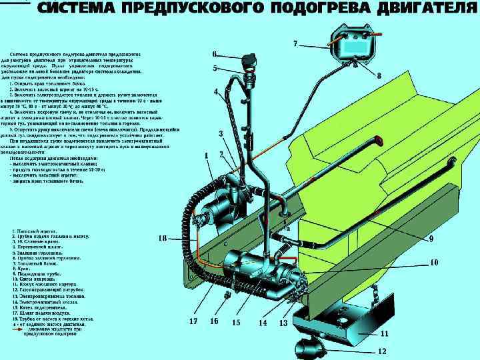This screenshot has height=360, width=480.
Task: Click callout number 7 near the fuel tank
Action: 295,43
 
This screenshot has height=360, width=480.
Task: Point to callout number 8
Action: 379,75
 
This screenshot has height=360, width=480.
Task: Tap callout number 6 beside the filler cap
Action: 213,53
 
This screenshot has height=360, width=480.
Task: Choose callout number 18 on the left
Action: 162,238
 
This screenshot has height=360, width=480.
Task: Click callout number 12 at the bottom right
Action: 382,351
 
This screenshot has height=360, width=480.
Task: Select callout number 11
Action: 385,333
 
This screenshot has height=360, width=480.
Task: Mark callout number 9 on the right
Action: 431,238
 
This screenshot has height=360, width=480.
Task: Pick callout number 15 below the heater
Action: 236,322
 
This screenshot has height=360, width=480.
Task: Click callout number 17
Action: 193,321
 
